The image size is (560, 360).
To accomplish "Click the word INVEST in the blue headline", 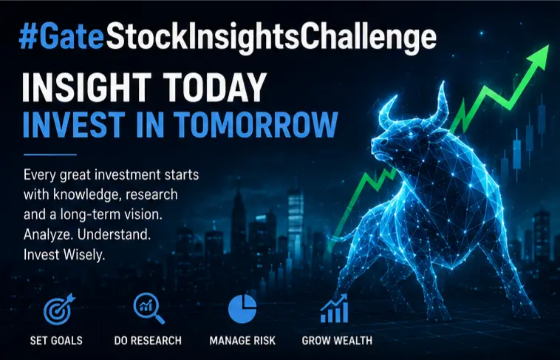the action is [74, 125].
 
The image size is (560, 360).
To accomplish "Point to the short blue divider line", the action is [50, 154].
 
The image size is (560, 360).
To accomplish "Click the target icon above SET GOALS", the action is [59, 309].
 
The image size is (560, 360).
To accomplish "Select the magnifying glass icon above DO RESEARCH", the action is [149, 308].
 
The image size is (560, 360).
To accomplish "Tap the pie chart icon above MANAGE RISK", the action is [242, 309].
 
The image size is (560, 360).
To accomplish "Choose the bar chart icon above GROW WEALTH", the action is [334, 308].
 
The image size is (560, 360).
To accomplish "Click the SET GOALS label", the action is [56, 340].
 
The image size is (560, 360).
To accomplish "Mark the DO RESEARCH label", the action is [148, 340].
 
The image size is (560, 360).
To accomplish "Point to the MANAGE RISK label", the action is [242, 340].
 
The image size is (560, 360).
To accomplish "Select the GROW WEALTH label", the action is [337, 340].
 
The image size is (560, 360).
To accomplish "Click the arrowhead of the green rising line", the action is [539, 56].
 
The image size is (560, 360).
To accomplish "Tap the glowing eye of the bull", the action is [411, 134].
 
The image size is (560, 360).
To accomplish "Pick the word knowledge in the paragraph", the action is [87, 195].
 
